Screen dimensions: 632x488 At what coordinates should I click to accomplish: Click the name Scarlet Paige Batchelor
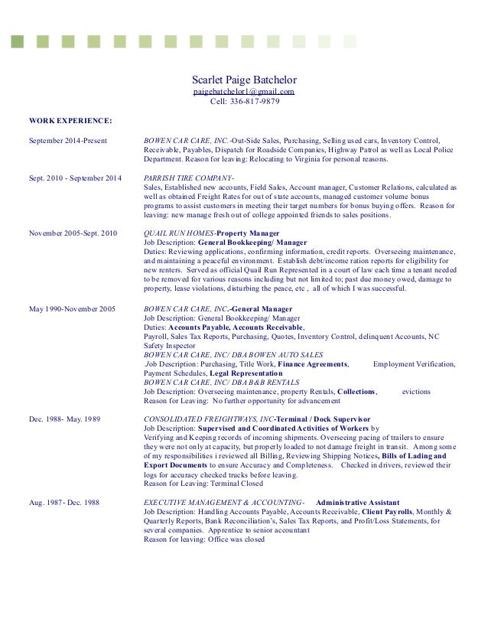pyautogui.click(x=243, y=80)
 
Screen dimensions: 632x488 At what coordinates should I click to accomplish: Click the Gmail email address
pyautogui.click(x=243, y=91)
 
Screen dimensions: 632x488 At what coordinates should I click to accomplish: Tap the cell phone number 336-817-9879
pyautogui.click(x=244, y=101)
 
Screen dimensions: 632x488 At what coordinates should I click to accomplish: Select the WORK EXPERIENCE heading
pyautogui.click(x=70, y=120)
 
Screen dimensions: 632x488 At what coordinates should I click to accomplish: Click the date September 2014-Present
pyautogui.click(x=67, y=141)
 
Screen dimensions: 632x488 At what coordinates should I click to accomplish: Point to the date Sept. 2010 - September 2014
pyautogui.click(x=75, y=178)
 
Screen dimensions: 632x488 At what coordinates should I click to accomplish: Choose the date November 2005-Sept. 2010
pyautogui.click(x=73, y=233)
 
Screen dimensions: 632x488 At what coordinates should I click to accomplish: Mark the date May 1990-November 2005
pyautogui.click(x=72, y=308)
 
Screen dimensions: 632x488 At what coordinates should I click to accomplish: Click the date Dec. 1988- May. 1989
pyautogui.click(x=67, y=419)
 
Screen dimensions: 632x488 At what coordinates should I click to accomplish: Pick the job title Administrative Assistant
pyautogui.click(x=357, y=502)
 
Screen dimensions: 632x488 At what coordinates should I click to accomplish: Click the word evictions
pyautogui.click(x=416, y=391)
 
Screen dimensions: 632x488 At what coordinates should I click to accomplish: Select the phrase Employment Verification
pyautogui.click(x=413, y=363)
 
